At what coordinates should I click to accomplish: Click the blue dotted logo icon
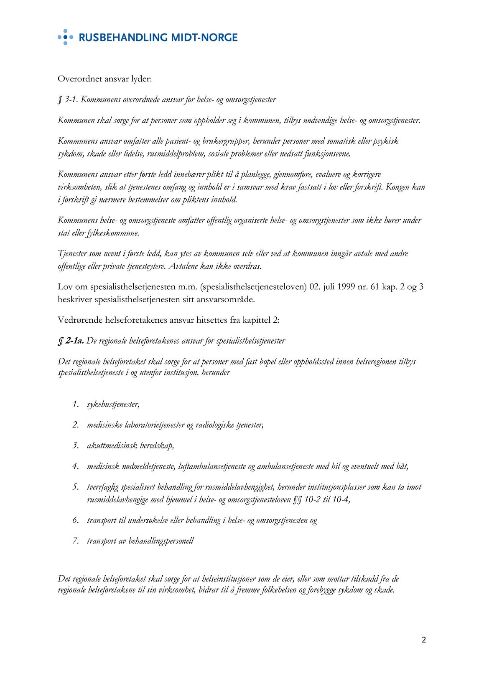coord(65,37)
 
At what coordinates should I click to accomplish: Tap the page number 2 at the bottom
coord(424,640)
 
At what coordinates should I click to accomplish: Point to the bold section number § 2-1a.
coord(71,341)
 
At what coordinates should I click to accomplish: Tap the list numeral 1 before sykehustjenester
coord(75,404)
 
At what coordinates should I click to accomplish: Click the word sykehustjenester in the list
coord(113,405)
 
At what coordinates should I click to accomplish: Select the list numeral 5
coord(75,487)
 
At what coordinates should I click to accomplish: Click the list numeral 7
coord(75,541)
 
